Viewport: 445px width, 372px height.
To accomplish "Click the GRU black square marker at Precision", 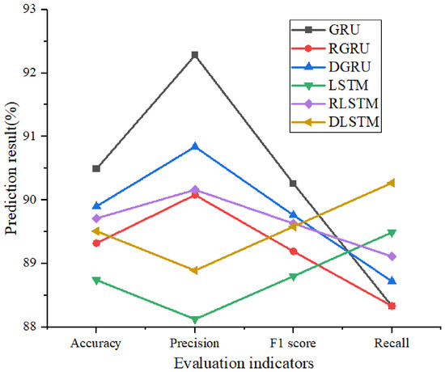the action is pyautogui.click(x=195, y=54).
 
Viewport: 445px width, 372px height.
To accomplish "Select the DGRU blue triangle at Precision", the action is pyautogui.click(x=195, y=146).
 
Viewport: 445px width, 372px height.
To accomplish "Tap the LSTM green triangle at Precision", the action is pyautogui.click(x=195, y=319).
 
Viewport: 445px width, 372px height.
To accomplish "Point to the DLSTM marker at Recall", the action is pyautogui.click(x=392, y=183).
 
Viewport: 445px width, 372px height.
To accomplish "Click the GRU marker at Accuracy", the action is pyautogui.click(x=96, y=168).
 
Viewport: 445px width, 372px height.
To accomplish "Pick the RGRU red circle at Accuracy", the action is pyautogui.click(x=96, y=243).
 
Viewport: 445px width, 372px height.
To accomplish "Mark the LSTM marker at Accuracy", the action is pyautogui.click(x=96, y=281).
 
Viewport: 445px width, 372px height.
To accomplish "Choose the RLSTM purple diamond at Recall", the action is pyautogui.click(x=392, y=256).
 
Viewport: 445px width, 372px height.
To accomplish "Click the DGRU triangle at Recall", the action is pyautogui.click(x=392, y=281).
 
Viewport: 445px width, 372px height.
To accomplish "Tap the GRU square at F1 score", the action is pyautogui.click(x=293, y=184).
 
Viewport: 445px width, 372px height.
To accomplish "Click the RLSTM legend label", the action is pyautogui.click(x=354, y=104).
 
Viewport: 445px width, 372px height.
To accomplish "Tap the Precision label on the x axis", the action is pyautogui.click(x=195, y=343).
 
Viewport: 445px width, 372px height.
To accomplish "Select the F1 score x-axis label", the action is pyautogui.click(x=293, y=343).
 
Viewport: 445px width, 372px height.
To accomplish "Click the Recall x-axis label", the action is pyautogui.click(x=392, y=343).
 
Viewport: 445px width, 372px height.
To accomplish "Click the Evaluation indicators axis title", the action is pyautogui.click(x=244, y=363).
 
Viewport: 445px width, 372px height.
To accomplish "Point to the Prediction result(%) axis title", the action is pyautogui.click(x=12, y=168).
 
